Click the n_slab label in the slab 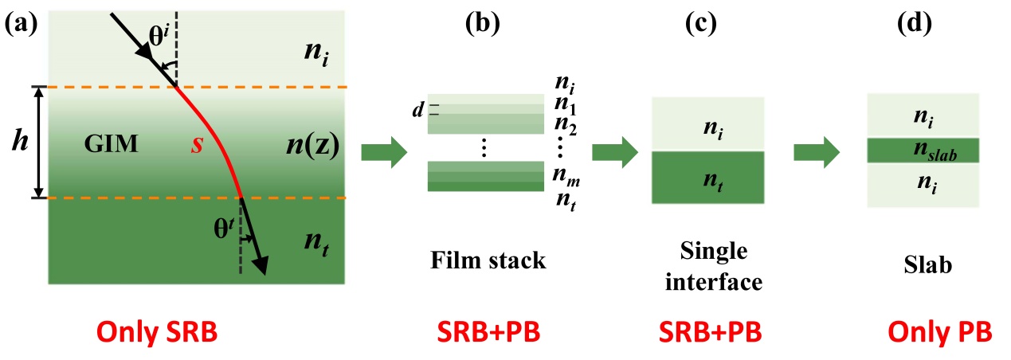924,151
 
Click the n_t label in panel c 708,181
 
